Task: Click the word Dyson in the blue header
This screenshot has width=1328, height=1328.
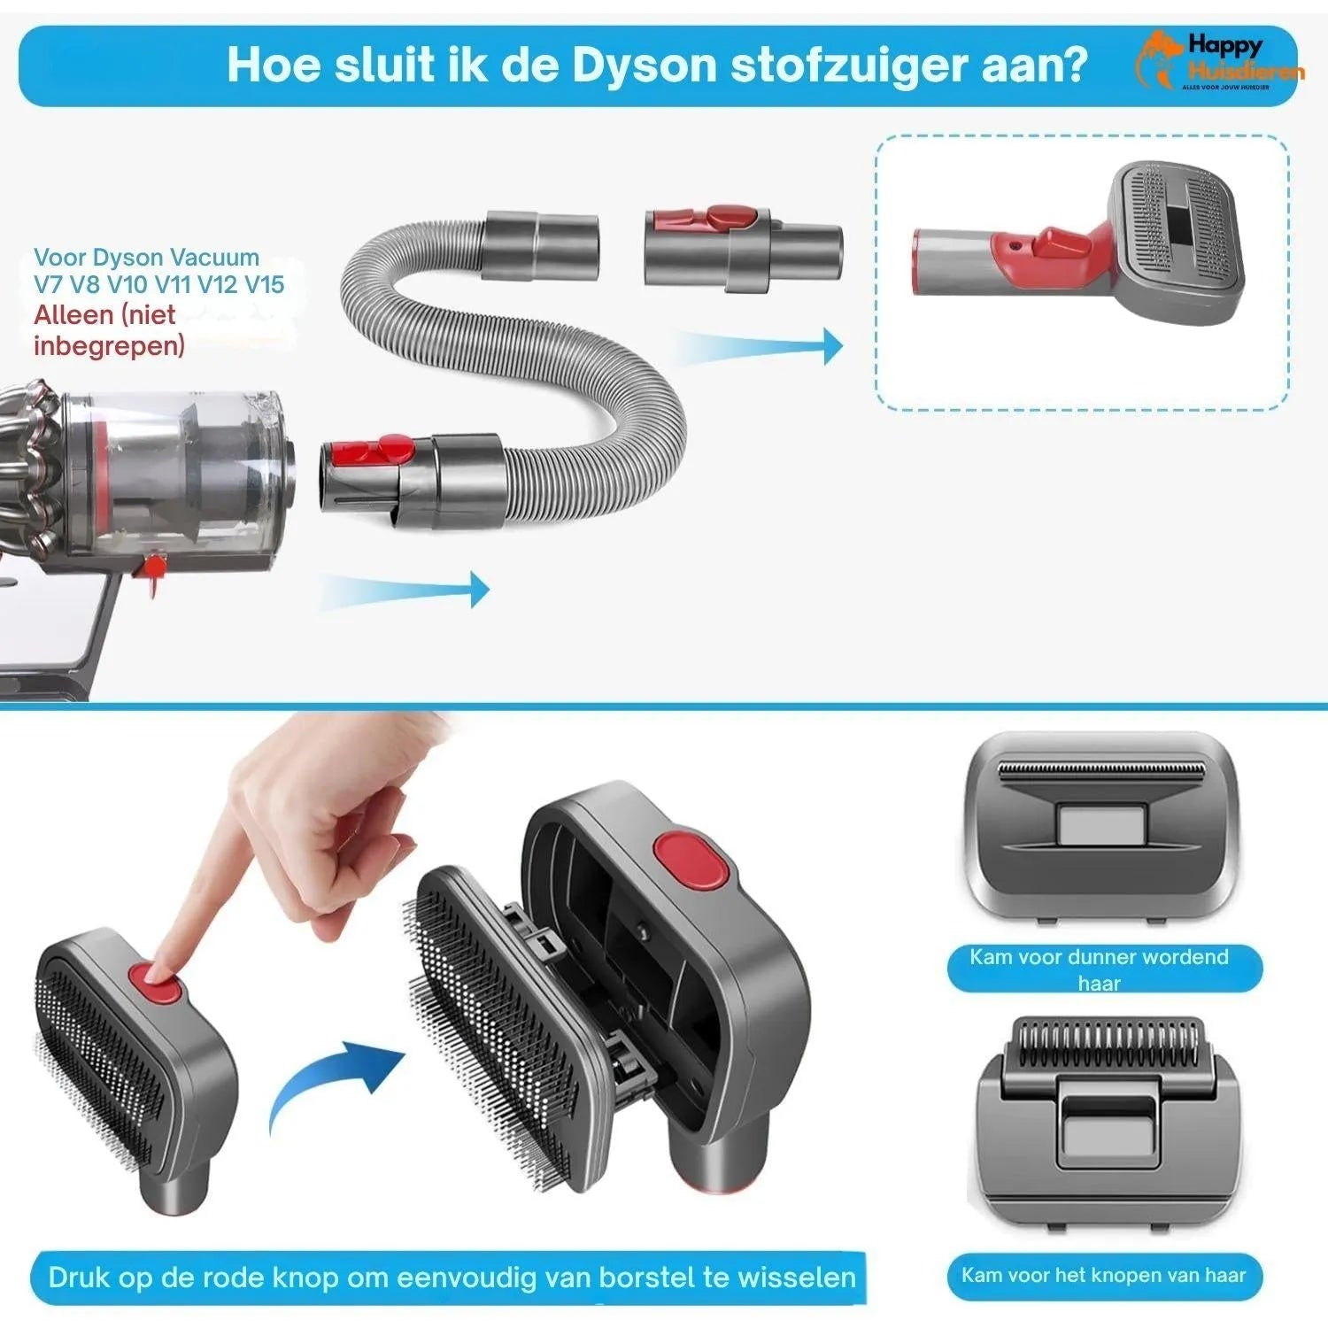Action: click(x=644, y=66)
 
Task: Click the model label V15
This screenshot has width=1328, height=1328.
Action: click(x=264, y=285)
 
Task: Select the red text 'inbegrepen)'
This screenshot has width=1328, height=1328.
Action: click(x=109, y=345)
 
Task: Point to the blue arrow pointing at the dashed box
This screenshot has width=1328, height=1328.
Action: click(x=761, y=346)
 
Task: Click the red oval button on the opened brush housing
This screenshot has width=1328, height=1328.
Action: click(x=691, y=860)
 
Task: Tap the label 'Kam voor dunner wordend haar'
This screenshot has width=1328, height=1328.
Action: click(x=1100, y=969)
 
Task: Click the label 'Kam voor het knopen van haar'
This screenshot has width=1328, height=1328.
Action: click(x=1103, y=1276)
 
